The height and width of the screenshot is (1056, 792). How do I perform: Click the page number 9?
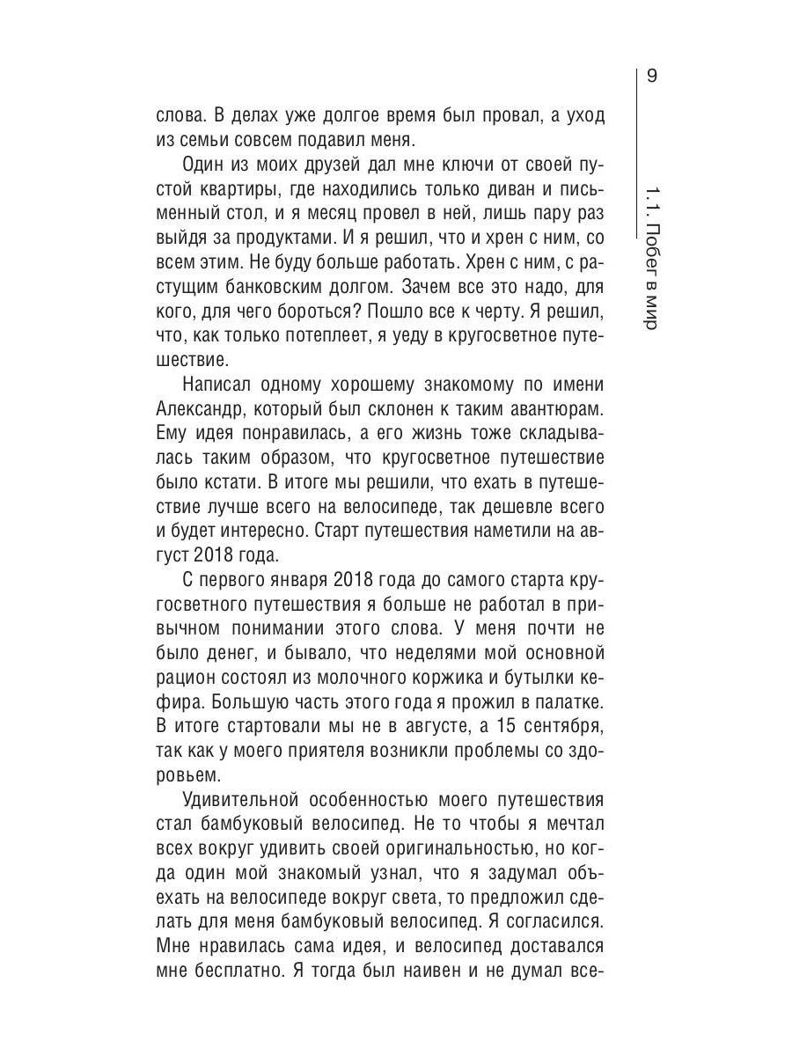tap(651, 77)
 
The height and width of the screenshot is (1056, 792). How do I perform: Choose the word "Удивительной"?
tap(237, 800)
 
